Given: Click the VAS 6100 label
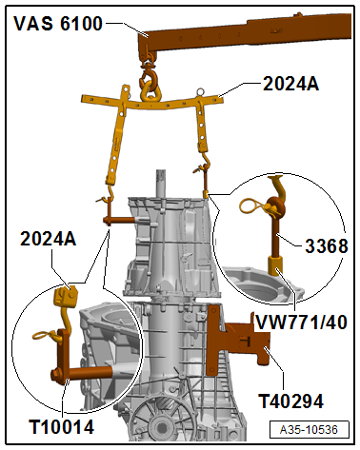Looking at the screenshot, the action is coord(58,24).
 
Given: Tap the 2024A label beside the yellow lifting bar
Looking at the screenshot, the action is coord(290,84).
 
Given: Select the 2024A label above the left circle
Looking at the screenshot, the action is coord(49,239).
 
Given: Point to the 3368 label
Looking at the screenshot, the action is coord(327,245).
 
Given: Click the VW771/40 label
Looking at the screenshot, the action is coord(301,323).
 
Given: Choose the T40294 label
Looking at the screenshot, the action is coord(290,401).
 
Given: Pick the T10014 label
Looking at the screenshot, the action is coord(62,427).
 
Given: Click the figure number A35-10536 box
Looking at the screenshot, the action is coord(309,430).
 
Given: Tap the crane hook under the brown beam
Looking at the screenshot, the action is coord(149,76).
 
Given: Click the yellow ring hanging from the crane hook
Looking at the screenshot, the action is coord(150,91).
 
